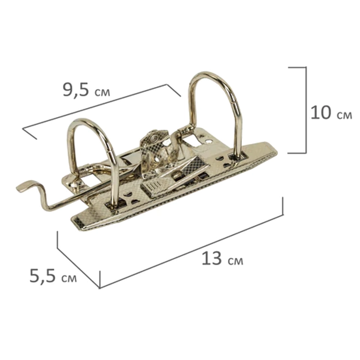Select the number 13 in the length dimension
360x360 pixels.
point(212,258)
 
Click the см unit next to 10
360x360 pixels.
point(345,115)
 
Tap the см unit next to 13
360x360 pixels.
point(235,261)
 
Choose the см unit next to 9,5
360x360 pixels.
point(102,92)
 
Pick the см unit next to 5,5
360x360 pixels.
point(69,278)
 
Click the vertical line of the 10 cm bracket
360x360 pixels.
point(306,110)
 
